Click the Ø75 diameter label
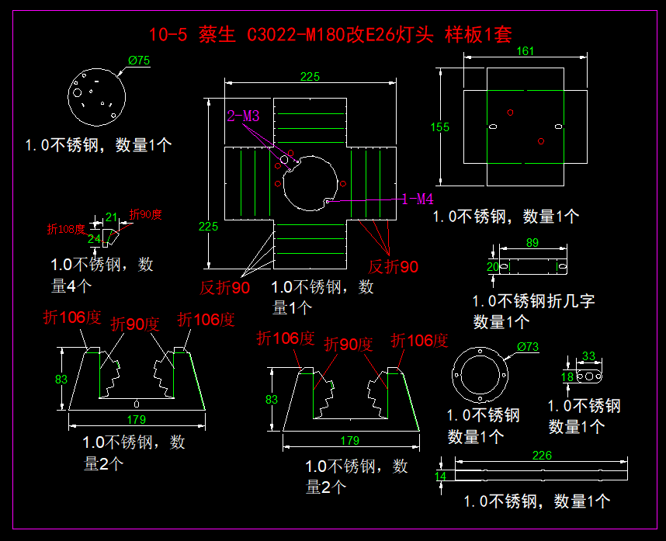point(139,61)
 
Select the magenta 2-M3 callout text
point(243,116)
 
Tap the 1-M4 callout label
point(418,199)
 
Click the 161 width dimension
point(525,51)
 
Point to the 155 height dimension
point(439,127)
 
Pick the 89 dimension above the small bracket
point(532,242)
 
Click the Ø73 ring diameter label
point(528,347)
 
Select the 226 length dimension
point(542,455)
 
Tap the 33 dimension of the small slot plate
point(588,355)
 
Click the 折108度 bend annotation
point(66,229)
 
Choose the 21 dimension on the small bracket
point(111,217)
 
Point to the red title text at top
point(331,34)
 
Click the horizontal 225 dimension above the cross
point(310,76)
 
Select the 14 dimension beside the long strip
point(440,476)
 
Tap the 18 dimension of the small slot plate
point(567,376)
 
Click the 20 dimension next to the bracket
point(492,267)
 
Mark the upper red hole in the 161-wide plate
point(510,113)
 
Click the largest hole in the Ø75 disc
point(78,92)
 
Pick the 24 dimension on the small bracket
point(94,239)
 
